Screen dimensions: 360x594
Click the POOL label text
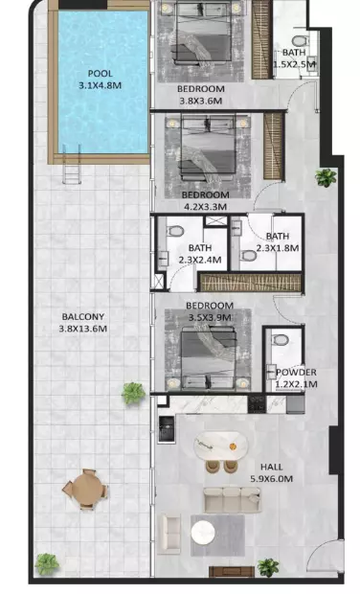[x=100, y=74]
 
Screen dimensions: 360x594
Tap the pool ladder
[x=72, y=164]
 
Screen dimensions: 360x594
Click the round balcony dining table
[x=85, y=489]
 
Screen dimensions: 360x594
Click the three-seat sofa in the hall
[x=232, y=500]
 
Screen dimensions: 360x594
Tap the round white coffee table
[x=203, y=533]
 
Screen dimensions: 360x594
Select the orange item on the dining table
[x=233, y=446]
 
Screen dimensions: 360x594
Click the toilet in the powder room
[x=280, y=340]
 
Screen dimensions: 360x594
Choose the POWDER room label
[x=296, y=373]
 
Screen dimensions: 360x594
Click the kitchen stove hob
[x=257, y=404]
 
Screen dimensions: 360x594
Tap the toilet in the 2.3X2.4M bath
[x=175, y=231]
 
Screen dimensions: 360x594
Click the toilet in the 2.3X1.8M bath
[x=248, y=256]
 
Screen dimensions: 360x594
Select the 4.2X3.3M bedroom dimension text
[x=204, y=207]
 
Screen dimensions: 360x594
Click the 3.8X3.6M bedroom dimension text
[x=200, y=102]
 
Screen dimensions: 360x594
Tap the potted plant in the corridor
[x=326, y=177]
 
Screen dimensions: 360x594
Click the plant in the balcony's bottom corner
[x=47, y=563]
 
